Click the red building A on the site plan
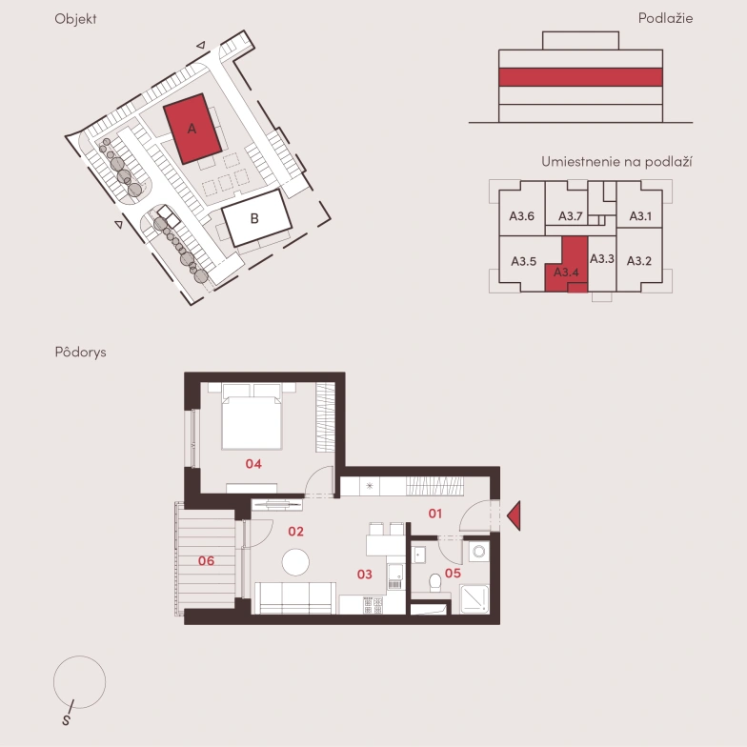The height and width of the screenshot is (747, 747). point(192,129)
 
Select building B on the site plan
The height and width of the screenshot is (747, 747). point(257,217)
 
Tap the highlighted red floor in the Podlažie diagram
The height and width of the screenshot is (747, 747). point(580,77)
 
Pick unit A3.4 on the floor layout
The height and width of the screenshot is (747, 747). point(566,267)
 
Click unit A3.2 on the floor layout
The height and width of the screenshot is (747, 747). point(639,260)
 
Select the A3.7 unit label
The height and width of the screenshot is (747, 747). point(570,216)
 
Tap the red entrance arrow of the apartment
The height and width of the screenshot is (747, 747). point(514,515)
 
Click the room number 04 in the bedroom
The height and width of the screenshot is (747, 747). point(253,463)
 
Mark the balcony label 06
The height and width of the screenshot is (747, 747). point(206,560)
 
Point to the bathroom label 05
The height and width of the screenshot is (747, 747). point(453,574)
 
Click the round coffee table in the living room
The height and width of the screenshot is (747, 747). point(295,562)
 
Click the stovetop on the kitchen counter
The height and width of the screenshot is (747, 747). point(373,605)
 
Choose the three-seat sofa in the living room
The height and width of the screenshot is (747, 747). point(295,598)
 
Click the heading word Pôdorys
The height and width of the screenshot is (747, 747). point(80,353)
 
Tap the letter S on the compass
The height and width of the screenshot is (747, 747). point(67,720)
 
